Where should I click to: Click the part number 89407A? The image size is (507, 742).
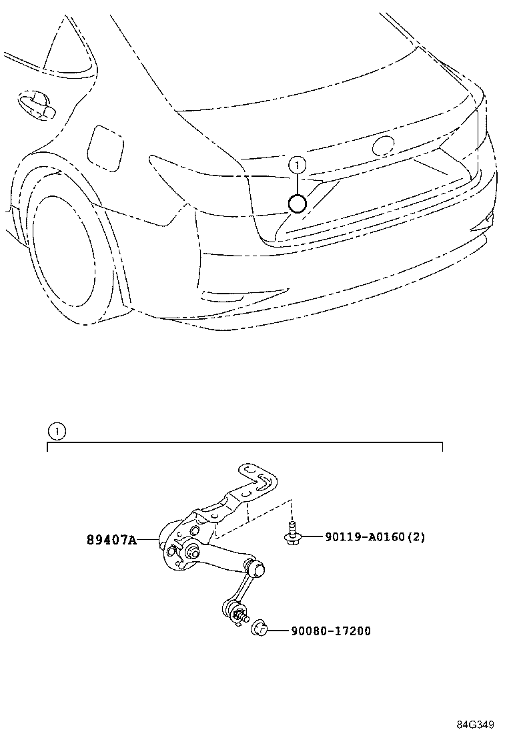(111, 539)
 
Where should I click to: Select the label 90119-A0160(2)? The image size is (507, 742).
(374, 536)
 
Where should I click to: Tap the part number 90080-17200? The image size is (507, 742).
(331, 631)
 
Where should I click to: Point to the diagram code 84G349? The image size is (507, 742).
(475, 725)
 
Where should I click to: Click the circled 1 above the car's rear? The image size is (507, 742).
(297, 165)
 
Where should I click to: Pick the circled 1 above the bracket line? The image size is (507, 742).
(57, 431)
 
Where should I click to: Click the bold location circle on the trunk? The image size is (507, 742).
(298, 204)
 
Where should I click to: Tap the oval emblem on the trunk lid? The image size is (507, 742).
(384, 147)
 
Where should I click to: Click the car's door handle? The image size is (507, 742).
(37, 105)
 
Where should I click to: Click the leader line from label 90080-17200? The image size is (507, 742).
(280, 631)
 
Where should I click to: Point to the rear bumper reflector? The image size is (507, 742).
(222, 296)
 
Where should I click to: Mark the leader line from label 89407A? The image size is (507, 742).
(148, 539)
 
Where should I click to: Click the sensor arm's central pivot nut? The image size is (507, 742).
(193, 552)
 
